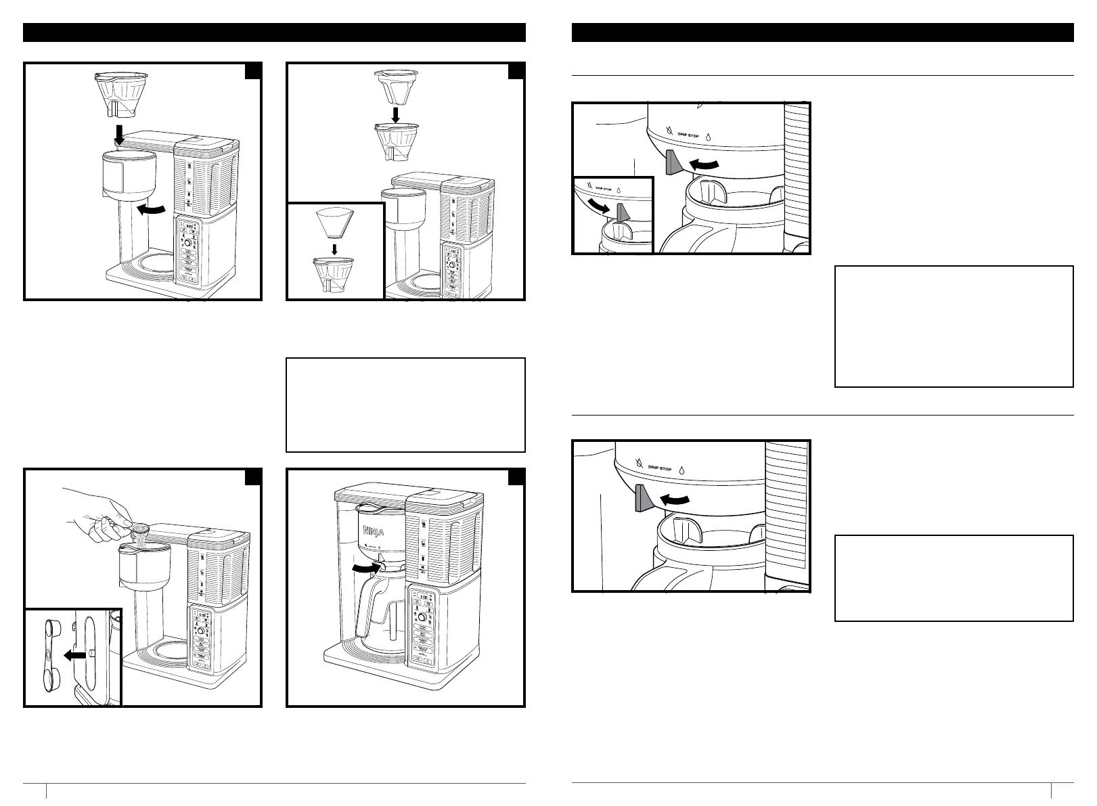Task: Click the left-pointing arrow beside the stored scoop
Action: (x=77, y=654)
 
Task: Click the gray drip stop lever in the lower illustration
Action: (x=642, y=499)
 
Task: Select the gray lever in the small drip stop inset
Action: (x=623, y=212)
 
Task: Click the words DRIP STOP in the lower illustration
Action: (x=660, y=467)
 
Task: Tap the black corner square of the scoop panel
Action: (x=253, y=478)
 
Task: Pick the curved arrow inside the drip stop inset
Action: (x=598, y=204)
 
